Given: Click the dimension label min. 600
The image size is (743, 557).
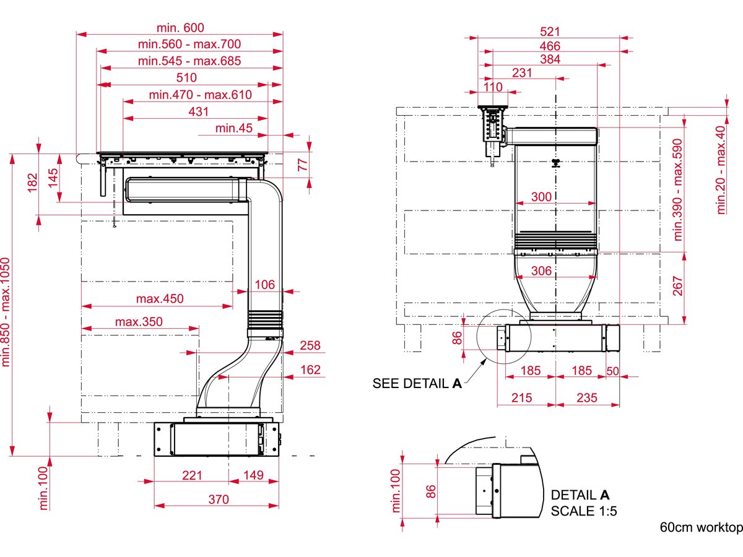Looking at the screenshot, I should point(180,27).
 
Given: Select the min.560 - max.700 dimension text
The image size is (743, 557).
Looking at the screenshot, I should point(189,44).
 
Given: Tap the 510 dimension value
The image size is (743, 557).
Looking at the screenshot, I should point(186,77).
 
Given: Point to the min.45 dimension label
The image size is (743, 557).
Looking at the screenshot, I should point(234,128).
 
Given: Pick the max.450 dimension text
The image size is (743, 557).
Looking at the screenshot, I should point(160,298).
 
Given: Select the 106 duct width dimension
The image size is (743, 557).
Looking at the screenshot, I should point(264,284).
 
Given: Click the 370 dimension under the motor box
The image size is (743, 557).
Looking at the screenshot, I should point(218,499).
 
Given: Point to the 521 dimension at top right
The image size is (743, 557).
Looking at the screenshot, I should point(550,31).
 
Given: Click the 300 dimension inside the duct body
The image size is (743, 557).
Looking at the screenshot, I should point(541,197).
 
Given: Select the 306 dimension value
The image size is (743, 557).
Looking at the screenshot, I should point(541,270).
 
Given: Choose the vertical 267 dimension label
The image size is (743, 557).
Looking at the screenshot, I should point(679,285).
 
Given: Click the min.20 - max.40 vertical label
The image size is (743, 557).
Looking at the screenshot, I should point(720,170).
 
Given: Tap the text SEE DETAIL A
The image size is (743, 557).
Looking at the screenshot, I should point(417,384).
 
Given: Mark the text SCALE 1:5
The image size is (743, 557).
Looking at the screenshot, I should point(584,511).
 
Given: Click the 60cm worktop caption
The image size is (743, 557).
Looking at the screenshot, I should point(700,528).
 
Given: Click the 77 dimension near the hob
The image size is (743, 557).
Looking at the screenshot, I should point(303,165).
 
